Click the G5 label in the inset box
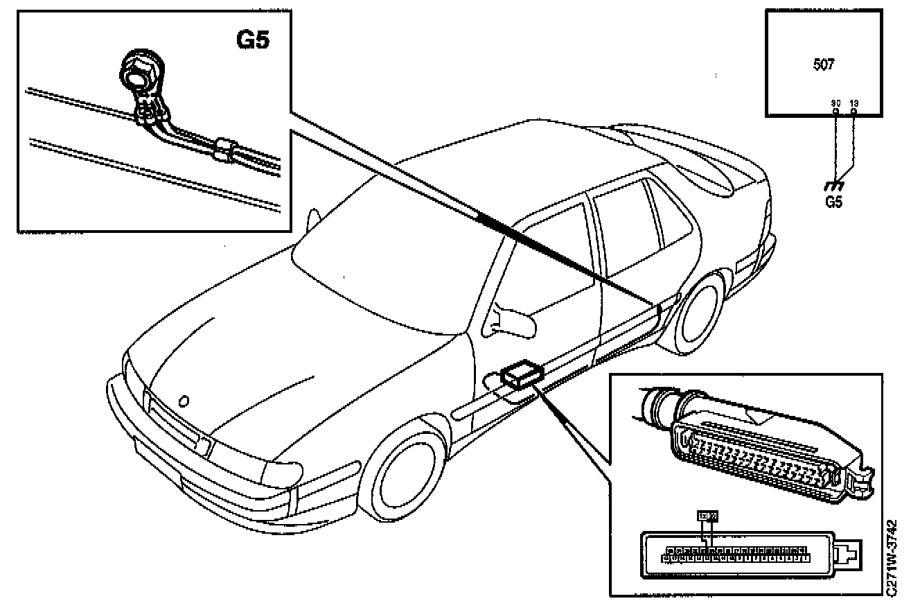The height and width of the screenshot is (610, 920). (x=252, y=40)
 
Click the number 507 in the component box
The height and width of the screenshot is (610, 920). (x=823, y=64)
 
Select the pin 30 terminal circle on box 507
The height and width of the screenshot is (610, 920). (x=835, y=111)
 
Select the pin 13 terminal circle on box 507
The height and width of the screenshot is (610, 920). (x=853, y=111)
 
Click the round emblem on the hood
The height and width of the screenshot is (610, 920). (x=184, y=401)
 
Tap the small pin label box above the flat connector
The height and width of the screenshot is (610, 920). (x=707, y=516)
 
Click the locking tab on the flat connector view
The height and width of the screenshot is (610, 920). (x=847, y=555)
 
